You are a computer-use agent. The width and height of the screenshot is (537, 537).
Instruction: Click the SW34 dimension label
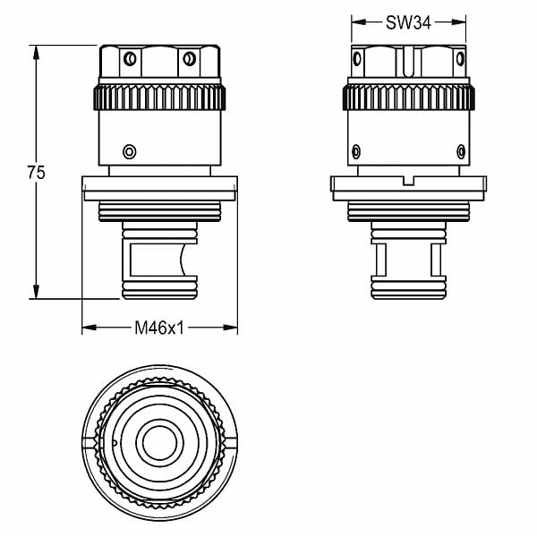click(x=408, y=23)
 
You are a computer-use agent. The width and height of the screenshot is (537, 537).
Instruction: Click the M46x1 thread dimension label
click(x=159, y=328)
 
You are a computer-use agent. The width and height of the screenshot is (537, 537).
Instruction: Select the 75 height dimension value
click(x=37, y=173)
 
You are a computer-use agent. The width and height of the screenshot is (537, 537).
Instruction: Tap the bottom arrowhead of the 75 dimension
click(x=36, y=291)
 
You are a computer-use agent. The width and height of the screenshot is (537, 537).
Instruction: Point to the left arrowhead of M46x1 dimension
click(x=89, y=328)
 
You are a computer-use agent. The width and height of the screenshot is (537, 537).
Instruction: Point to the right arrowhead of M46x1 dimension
click(x=230, y=328)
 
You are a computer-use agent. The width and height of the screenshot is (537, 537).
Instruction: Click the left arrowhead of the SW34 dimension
click(x=359, y=22)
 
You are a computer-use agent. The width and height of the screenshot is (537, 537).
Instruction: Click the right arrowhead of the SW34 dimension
click(x=458, y=22)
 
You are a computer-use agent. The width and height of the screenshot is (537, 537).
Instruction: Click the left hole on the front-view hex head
click(x=130, y=58)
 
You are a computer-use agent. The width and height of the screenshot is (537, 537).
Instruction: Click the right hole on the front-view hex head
click(x=190, y=58)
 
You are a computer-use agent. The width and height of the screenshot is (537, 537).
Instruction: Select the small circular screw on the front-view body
click(x=130, y=151)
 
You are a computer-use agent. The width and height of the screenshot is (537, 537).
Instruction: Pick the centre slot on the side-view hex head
click(x=408, y=62)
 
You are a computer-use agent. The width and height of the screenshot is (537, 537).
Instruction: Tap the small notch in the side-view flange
click(x=408, y=181)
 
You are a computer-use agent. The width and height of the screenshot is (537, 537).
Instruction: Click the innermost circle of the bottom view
click(x=159, y=444)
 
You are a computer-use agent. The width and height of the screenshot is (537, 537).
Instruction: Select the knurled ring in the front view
click(x=159, y=98)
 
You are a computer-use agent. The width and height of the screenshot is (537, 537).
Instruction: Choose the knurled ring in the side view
click(x=409, y=98)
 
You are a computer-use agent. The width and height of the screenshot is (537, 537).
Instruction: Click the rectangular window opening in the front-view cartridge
click(x=156, y=260)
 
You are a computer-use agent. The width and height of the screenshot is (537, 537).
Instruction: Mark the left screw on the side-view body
click(x=356, y=151)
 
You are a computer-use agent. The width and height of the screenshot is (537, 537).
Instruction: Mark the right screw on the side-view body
click(x=461, y=151)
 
